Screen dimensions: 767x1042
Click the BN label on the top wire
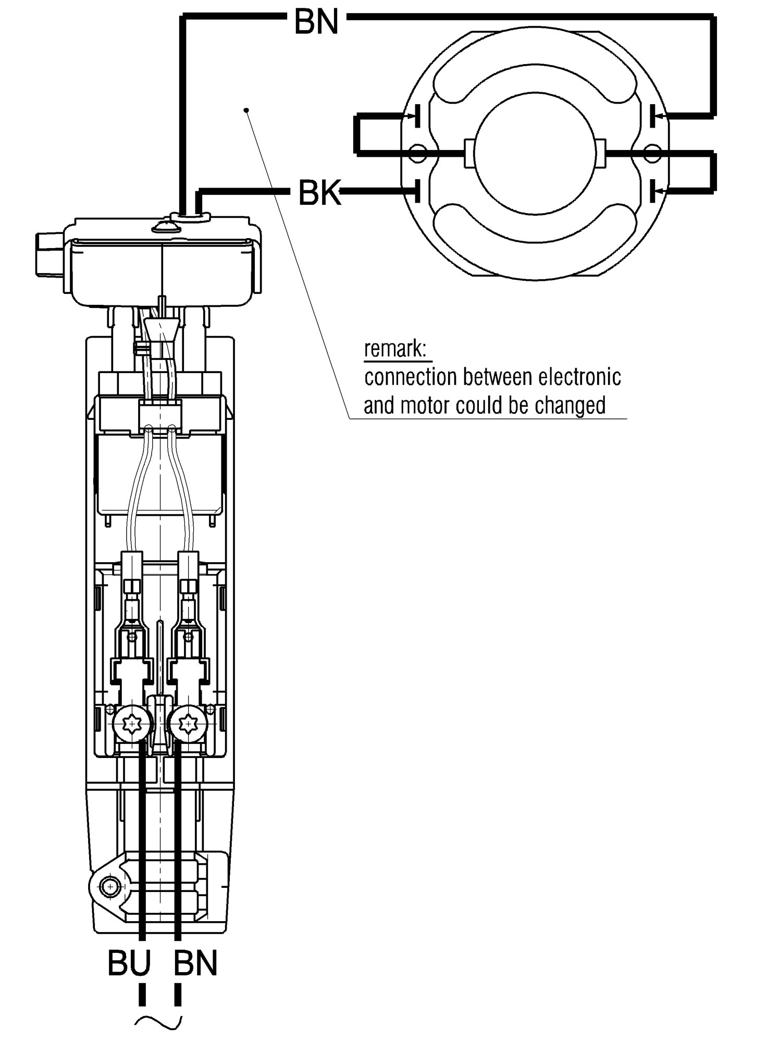coord(316,22)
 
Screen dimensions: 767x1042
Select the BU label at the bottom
coord(129,964)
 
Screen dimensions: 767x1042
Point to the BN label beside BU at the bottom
coord(195,964)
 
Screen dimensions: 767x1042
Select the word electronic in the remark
coord(580,377)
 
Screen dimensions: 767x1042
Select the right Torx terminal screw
coord(188,724)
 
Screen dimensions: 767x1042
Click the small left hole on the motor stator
coord(418,153)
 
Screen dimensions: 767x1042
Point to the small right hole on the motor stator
coord(652,153)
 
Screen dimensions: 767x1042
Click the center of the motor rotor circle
coord(535,154)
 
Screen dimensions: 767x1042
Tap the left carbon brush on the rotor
coord(469,154)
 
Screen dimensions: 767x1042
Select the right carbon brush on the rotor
coord(601,154)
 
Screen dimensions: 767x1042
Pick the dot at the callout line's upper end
coord(246,110)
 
